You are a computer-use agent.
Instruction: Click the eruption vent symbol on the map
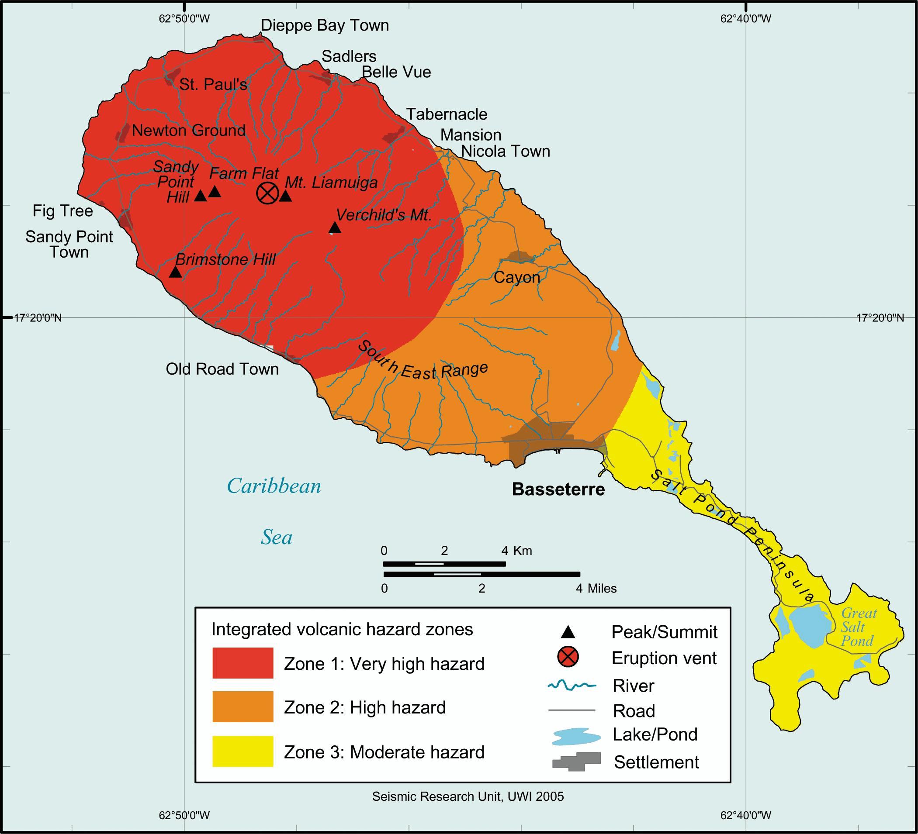pos(267,193)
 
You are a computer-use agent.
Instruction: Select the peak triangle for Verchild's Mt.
pos(335,228)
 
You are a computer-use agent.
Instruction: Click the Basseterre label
pos(558,489)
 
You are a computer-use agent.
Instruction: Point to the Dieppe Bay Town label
pos(325,25)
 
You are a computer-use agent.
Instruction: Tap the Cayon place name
pos(517,277)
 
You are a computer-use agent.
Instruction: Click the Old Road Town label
pos(222,369)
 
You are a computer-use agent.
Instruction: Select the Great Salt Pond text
pos(858,627)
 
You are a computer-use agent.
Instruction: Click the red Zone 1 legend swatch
pos(242,663)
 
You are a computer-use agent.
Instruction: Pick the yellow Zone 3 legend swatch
pos(242,751)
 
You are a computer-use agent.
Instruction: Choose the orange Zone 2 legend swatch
pos(242,707)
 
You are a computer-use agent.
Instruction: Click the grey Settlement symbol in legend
pos(576,761)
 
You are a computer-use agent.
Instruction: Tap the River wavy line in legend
pos(572,685)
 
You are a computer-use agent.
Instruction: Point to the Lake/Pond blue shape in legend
pos(575,736)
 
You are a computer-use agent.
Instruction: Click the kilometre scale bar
pos(444,564)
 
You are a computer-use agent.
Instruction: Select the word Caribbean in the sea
pos(274,486)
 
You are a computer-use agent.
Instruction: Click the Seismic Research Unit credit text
pos(468,797)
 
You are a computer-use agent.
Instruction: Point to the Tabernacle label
pos(446,114)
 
